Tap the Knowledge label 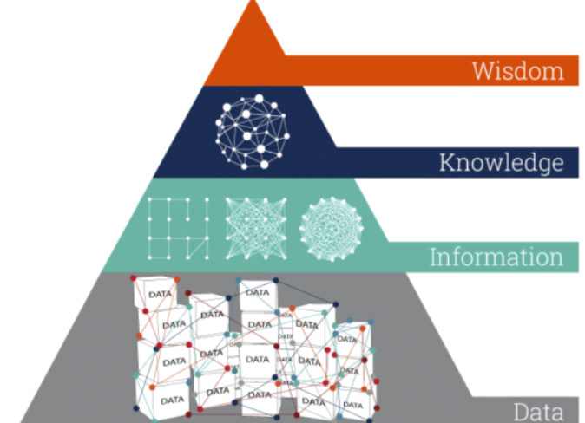point(501,162)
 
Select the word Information point(496,257)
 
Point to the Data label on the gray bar point(539,411)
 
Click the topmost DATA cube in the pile point(258,293)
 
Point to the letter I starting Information point(433,257)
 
